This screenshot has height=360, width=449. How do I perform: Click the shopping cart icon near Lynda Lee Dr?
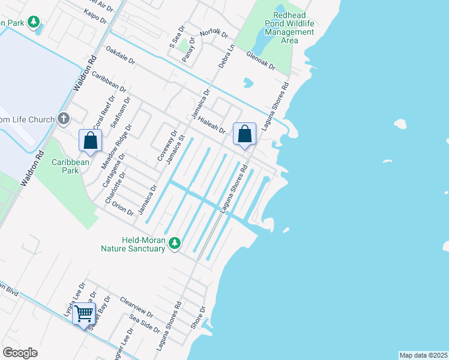click(x=83, y=313)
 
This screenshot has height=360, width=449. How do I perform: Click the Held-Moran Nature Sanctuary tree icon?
click(x=175, y=243)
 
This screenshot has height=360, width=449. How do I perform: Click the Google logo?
click(x=20, y=353)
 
